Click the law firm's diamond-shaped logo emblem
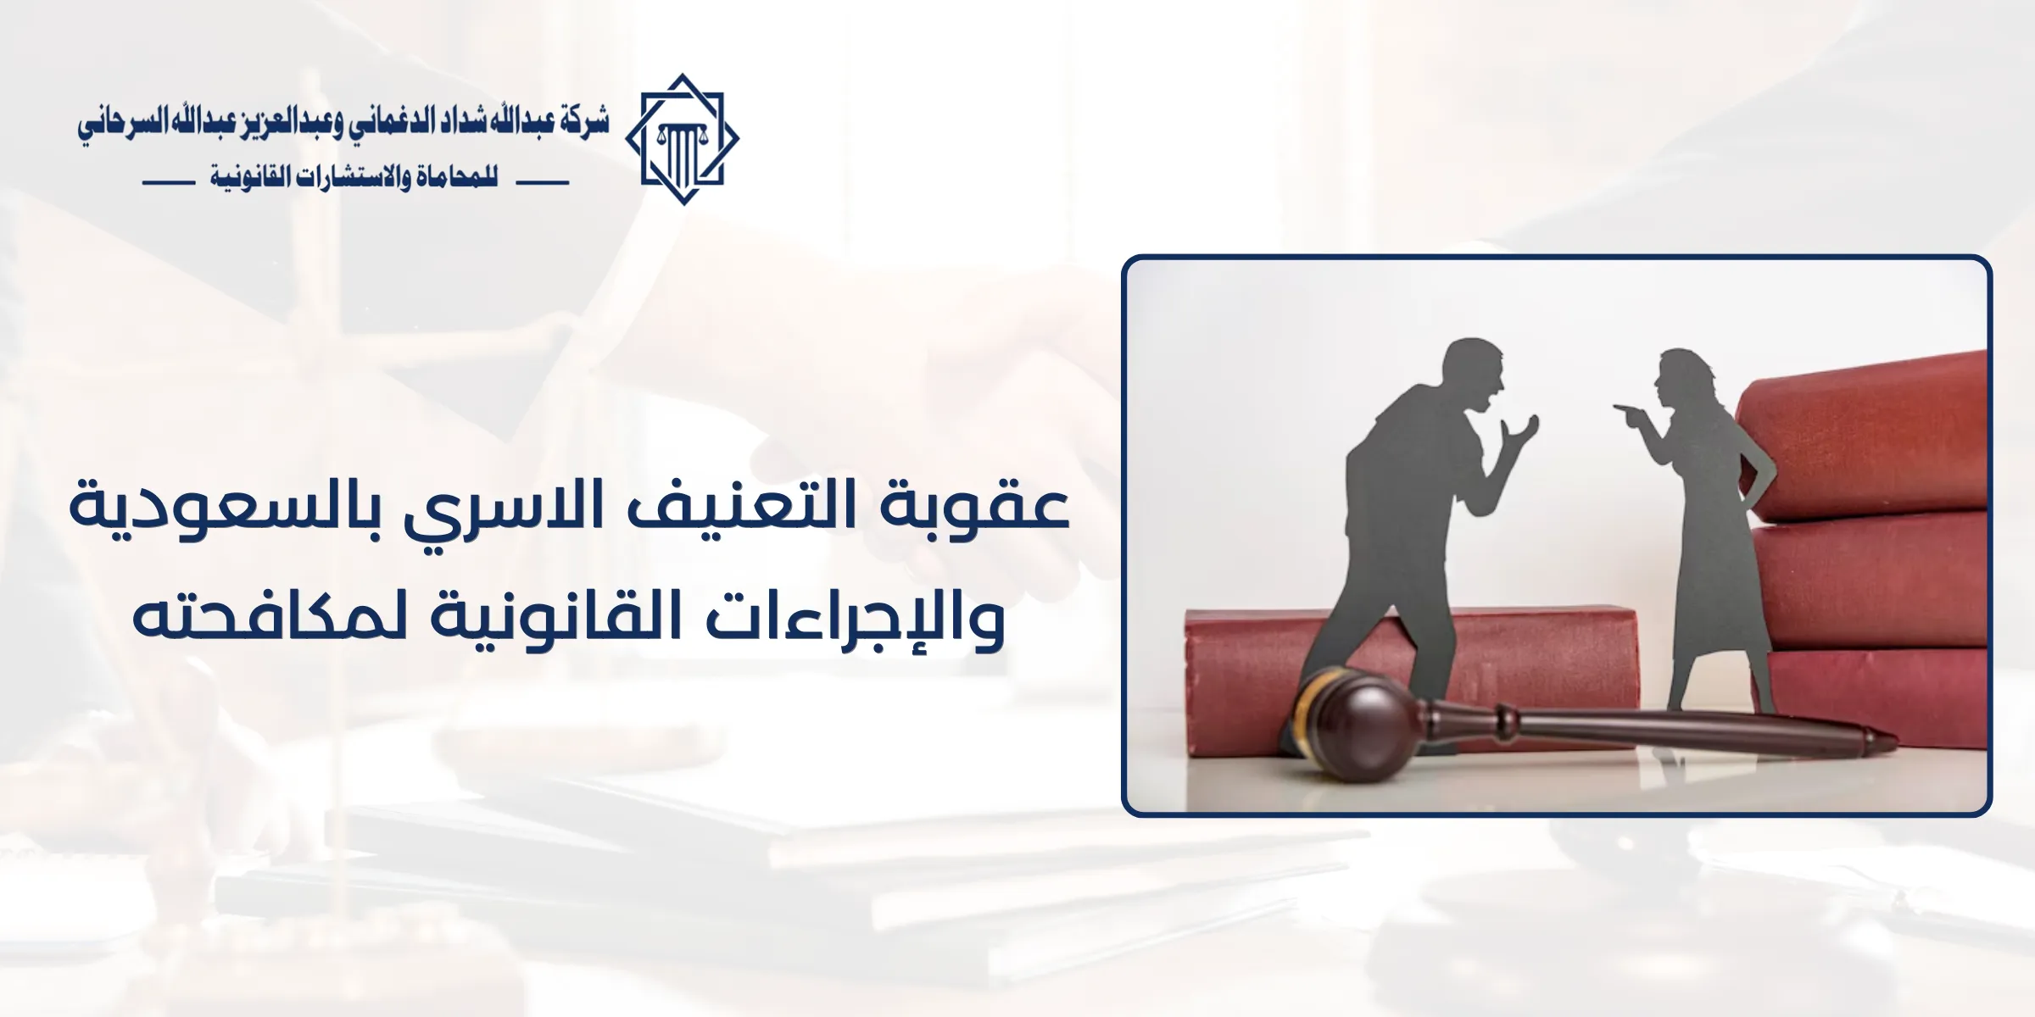(682, 139)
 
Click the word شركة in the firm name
(584, 124)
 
